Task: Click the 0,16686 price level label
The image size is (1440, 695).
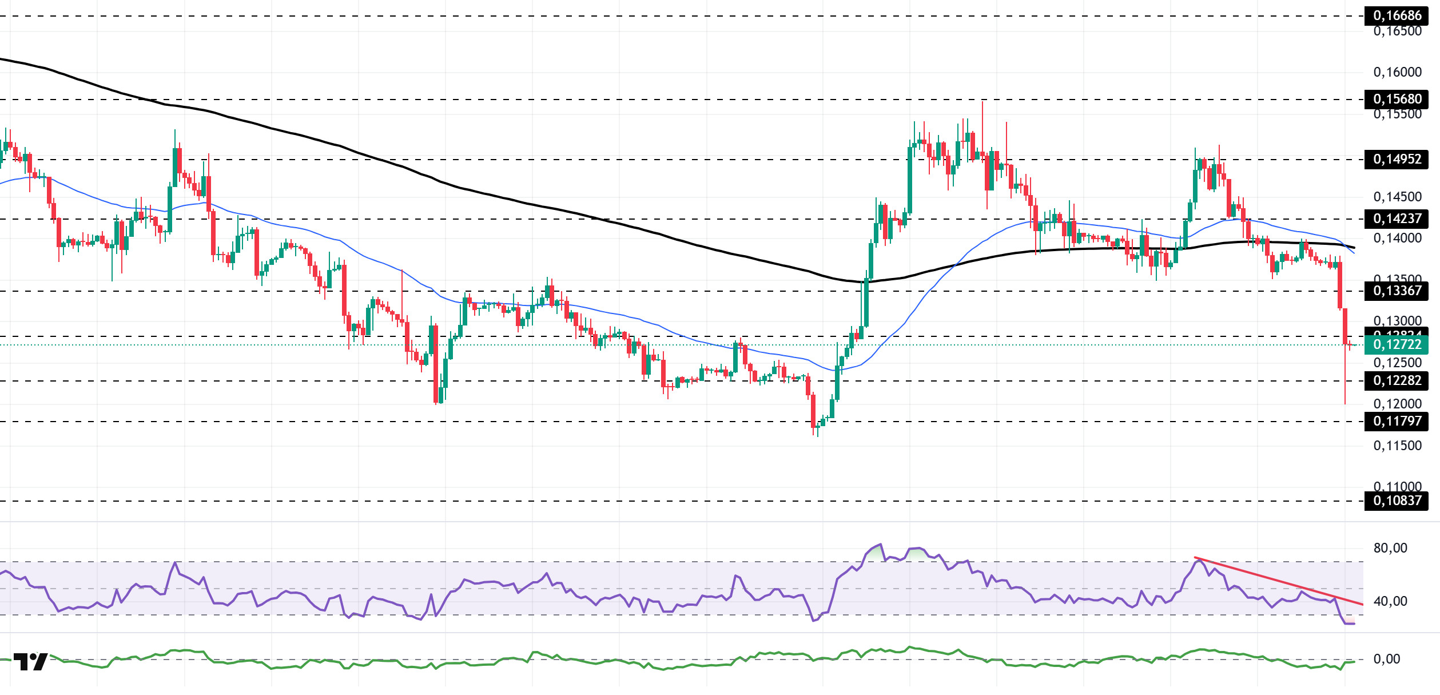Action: click(1397, 15)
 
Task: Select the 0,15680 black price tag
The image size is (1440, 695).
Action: click(1397, 99)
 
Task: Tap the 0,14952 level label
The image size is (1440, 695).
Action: click(1397, 159)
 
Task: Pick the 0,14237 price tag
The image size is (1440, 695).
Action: click(1397, 219)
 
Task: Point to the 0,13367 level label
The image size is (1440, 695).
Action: click(1397, 291)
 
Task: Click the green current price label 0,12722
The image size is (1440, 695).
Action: click(1397, 344)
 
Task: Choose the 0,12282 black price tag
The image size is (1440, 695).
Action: click(1397, 380)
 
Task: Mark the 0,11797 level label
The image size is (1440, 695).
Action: click(1397, 421)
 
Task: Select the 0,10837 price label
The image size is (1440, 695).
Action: click(1397, 501)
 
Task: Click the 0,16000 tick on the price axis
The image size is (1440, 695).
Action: click(1397, 72)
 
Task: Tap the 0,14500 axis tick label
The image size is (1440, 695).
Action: click(1397, 197)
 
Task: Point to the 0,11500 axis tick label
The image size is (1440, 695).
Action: click(1397, 446)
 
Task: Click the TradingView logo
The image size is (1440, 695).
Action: click(30, 662)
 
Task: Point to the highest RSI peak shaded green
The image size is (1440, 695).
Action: click(880, 545)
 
